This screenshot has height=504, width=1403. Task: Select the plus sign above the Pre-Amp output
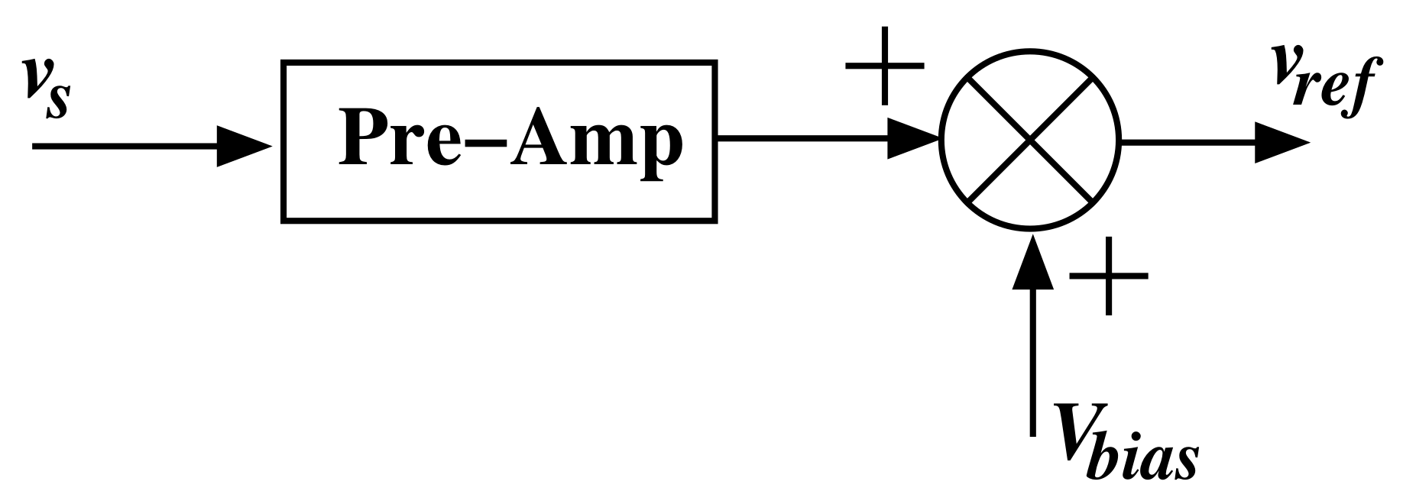884,66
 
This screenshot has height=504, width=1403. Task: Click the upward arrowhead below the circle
1032,263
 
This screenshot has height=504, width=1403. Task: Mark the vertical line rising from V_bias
1032,359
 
